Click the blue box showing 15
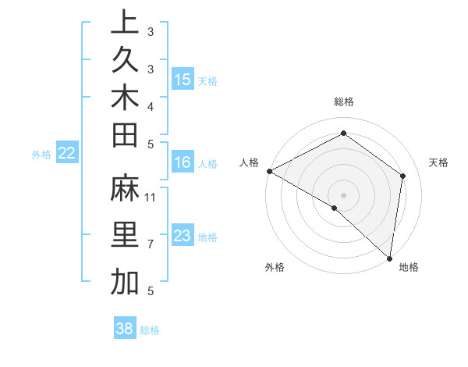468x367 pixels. [183, 80]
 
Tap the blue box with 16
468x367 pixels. [183, 162]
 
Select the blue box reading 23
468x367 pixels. [183, 237]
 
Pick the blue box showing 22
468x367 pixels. [67, 154]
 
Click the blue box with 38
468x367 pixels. [124, 329]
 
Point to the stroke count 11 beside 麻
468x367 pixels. [151, 196]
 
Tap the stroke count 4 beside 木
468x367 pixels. [151, 106]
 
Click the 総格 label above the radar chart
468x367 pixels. [343, 102]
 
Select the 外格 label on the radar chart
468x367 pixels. [275, 268]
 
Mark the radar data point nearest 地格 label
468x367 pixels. [389, 258]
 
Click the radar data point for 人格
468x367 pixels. [269, 171]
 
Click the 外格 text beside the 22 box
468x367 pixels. [41, 155]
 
